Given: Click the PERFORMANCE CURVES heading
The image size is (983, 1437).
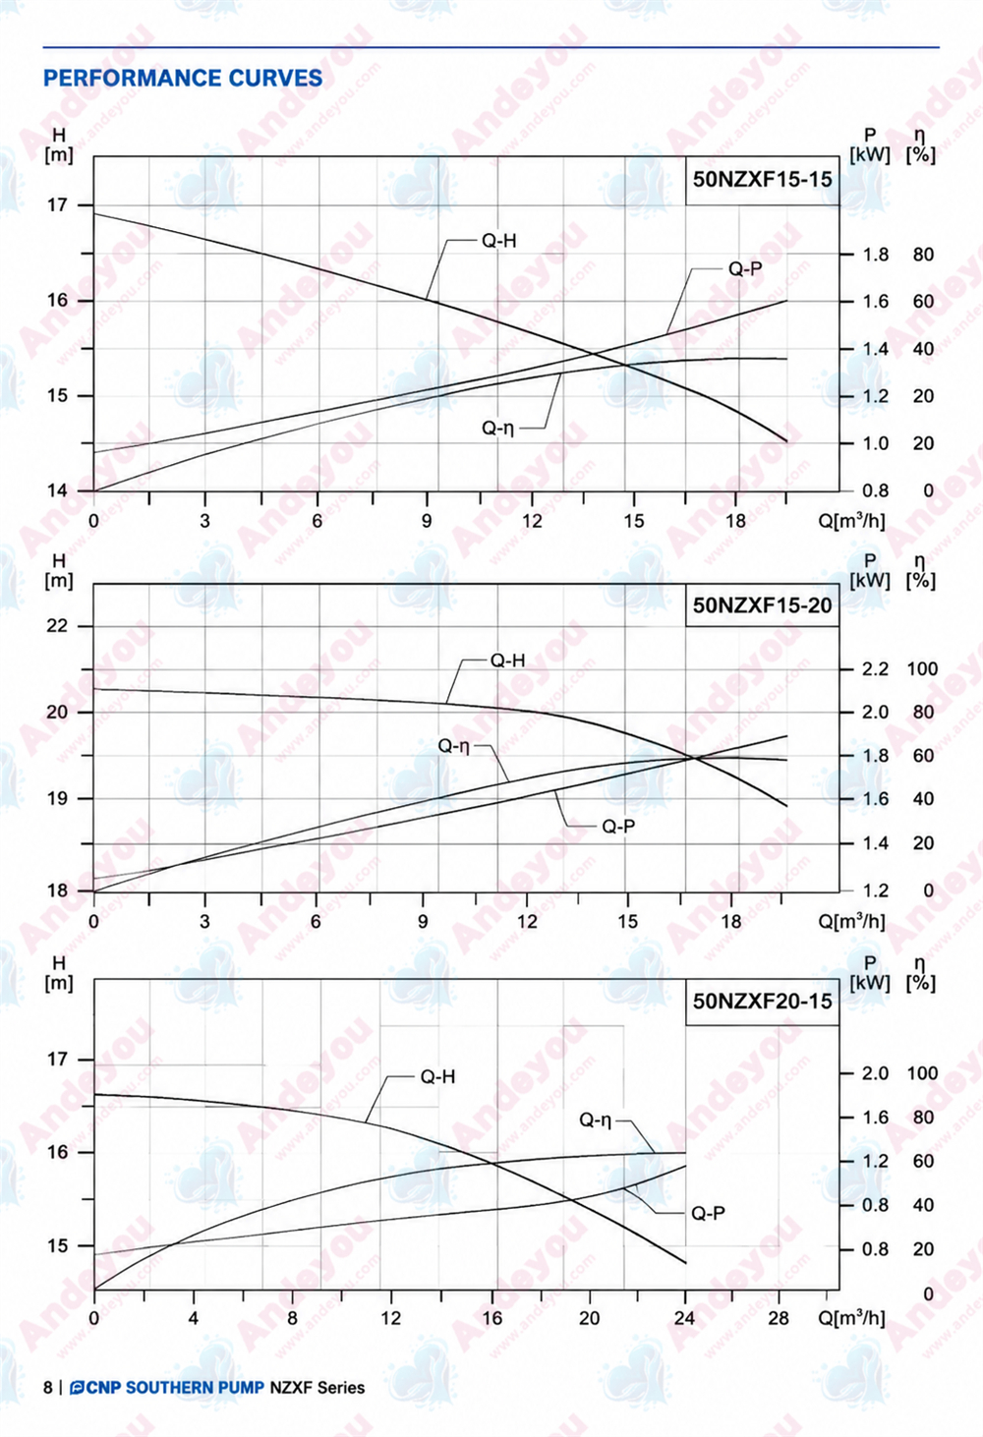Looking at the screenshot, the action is [x=183, y=79].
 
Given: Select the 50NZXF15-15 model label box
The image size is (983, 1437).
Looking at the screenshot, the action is [x=762, y=180].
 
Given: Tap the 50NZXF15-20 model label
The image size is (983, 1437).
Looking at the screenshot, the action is [x=762, y=604].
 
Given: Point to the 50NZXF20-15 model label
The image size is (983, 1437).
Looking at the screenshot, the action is [x=762, y=1001].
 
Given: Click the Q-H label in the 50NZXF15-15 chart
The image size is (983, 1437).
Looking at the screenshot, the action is [x=498, y=241].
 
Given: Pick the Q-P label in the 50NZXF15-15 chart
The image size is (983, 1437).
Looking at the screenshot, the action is [x=745, y=268].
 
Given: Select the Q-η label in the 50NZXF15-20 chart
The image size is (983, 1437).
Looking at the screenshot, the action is [x=453, y=746].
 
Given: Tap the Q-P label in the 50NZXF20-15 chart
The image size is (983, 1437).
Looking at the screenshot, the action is [x=709, y=1213].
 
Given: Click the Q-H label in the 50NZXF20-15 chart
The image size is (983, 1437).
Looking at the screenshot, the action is [x=437, y=1076].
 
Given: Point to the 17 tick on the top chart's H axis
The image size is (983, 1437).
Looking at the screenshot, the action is [x=57, y=205].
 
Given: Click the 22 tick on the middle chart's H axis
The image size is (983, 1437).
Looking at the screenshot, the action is [x=57, y=625].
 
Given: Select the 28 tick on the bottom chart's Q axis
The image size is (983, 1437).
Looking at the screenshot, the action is [x=779, y=1318].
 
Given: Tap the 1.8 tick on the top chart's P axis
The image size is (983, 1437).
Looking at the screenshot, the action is [x=875, y=255].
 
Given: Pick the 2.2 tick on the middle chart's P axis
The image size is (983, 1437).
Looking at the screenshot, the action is [x=875, y=669].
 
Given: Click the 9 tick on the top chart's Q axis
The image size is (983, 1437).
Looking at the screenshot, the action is [x=427, y=521].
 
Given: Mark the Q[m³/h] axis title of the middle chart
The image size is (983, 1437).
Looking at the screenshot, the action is [x=851, y=922].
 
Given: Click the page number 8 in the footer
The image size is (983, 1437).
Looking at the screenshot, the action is [x=47, y=1388].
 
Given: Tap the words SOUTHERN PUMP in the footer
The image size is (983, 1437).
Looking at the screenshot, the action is [x=195, y=1388].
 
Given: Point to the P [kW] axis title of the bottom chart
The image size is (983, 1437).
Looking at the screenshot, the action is [x=870, y=973].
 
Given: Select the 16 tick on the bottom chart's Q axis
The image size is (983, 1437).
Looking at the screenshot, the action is [x=491, y=1318].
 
